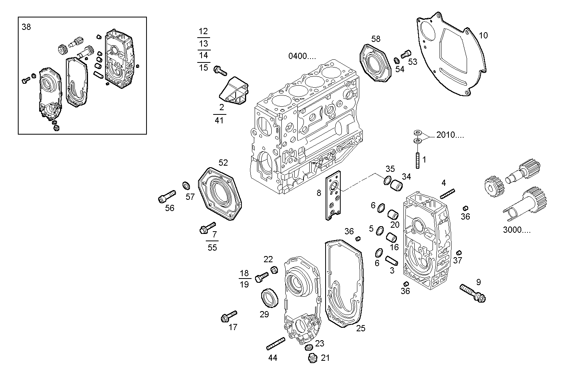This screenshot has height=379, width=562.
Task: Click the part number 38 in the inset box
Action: pyautogui.click(x=26, y=27)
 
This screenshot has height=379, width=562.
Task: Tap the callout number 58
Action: pyautogui.click(x=376, y=39)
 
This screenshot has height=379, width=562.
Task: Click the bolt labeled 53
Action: pyautogui.click(x=406, y=54)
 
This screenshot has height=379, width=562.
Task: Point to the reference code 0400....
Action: pyautogui.click(x=302, y=56)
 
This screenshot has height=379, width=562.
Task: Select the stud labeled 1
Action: pyautogui.click(x=418, y=160)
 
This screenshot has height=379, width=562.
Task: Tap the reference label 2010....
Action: pyautogui.click(x=450, y=135)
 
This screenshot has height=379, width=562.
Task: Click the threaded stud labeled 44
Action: pyautogui.click(x=276, y=343)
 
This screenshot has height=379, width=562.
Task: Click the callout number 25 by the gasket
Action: pyautogui.click(x=360, y=329)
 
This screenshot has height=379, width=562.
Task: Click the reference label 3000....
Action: pyautogui.click(x=517, y=230)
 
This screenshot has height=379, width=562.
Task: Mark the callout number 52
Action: pyautogui.click(x=223, y=163)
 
